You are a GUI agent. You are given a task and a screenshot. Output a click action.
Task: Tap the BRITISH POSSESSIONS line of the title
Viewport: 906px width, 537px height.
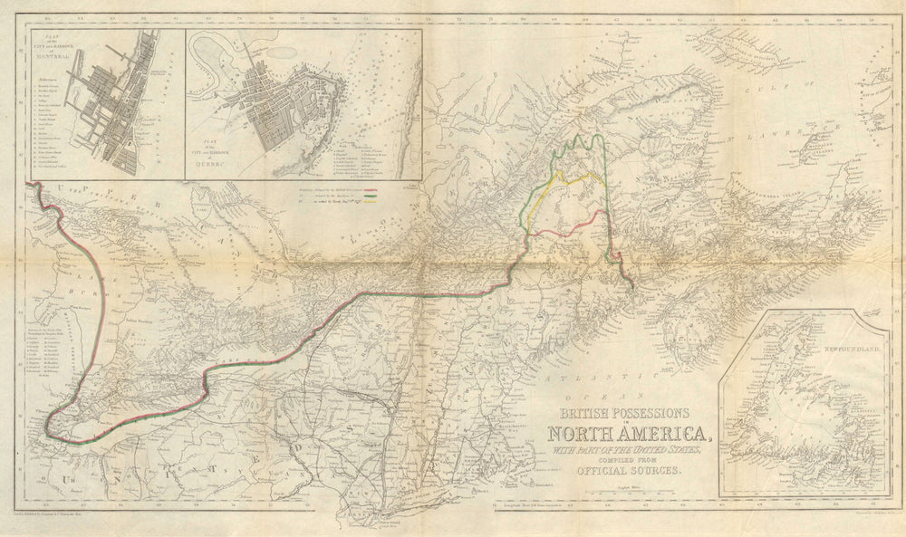pyautogui.click(x=623, y=410)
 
